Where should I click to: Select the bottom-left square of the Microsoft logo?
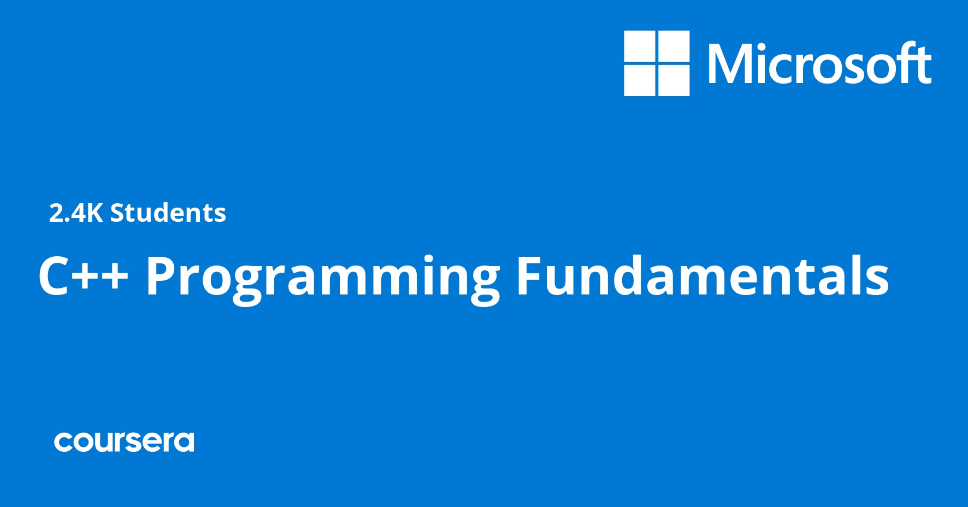pyautogui.click(x=639, y=80)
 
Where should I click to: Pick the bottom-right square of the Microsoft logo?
pyautogui.click(x=674, y=80)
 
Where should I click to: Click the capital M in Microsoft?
pyautogui.click(x=730, y=64)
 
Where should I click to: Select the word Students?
pyautogui.click(x=168, y=213)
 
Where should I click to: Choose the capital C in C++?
pyautogui.click(x=52, y=276)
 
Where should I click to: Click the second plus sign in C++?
pyautogui.click(x=116, y=278)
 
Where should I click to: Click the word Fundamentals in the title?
pyautogui.click(x=703, y=276)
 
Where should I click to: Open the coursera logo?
pyautogui.click(x=124, y=442)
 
